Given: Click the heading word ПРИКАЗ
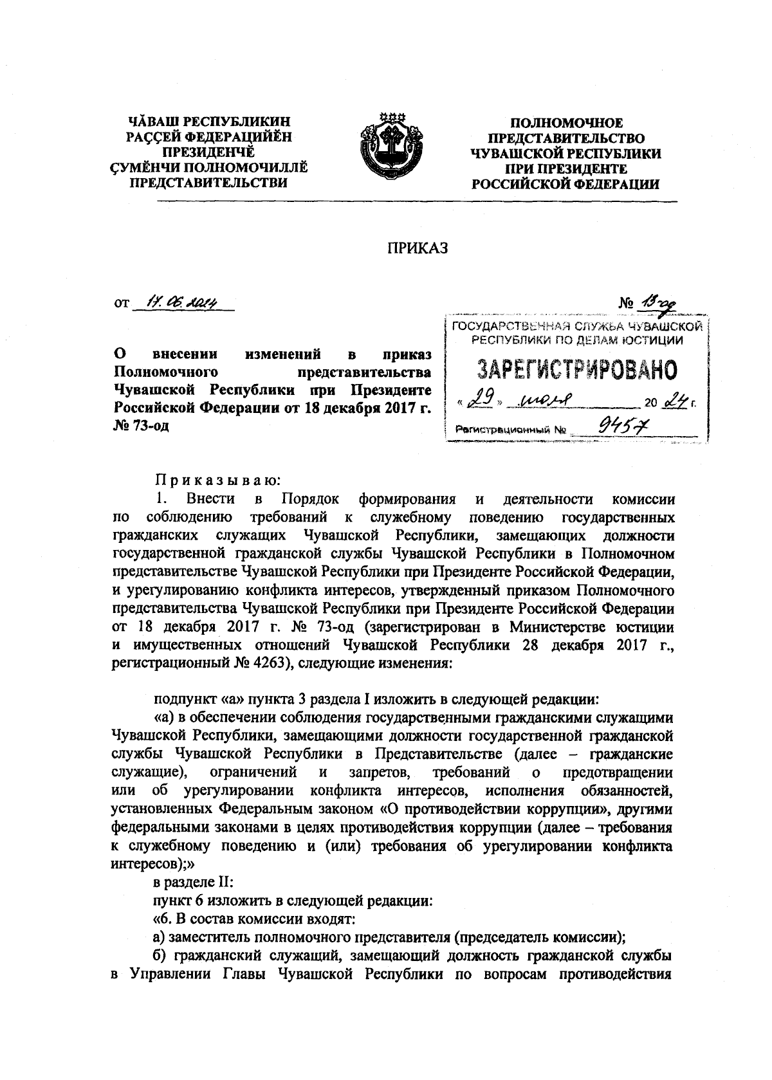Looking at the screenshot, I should coord(416,249).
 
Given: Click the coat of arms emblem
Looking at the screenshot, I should coord(390,148).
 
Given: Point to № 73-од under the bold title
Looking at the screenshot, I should coord(141,425).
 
